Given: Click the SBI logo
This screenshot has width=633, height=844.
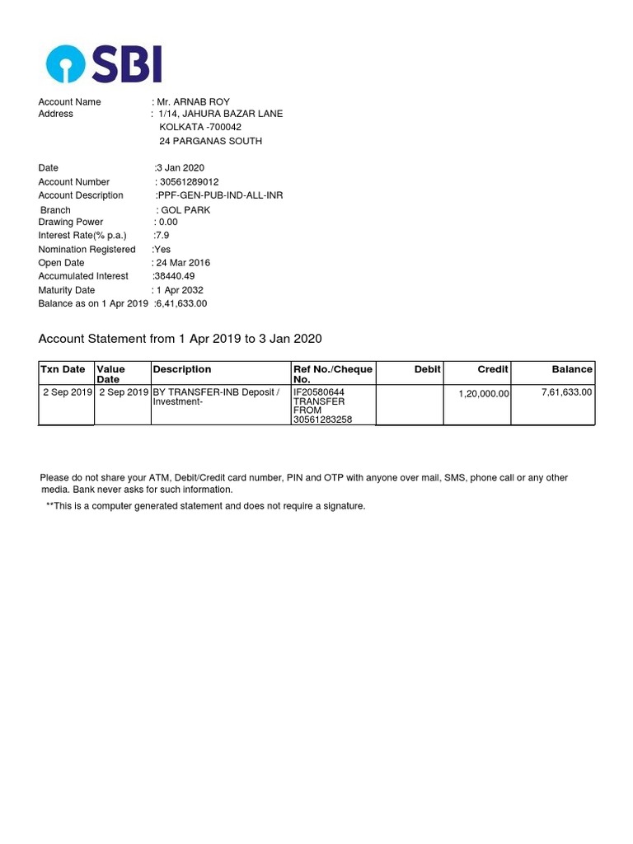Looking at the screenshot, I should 104,63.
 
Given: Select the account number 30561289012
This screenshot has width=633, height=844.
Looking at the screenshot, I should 190,181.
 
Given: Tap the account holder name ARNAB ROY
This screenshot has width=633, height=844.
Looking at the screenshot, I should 199,101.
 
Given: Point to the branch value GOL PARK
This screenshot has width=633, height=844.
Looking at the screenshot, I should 185,209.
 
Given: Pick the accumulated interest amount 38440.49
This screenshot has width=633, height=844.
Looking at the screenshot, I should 176,276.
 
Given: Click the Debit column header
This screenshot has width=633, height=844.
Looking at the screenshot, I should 427,369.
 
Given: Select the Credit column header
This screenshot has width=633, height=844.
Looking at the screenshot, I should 493,369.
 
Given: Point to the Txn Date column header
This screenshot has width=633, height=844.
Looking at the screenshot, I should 63,369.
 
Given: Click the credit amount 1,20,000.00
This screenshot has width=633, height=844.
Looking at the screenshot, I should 484,394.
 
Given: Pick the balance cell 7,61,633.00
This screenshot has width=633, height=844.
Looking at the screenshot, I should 566,392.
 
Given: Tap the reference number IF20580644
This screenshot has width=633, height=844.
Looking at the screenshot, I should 319,392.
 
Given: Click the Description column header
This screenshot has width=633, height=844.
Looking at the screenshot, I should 182,369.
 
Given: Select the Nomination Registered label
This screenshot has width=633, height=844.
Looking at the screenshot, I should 87,249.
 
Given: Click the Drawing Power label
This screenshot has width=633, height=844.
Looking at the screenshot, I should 71,222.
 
